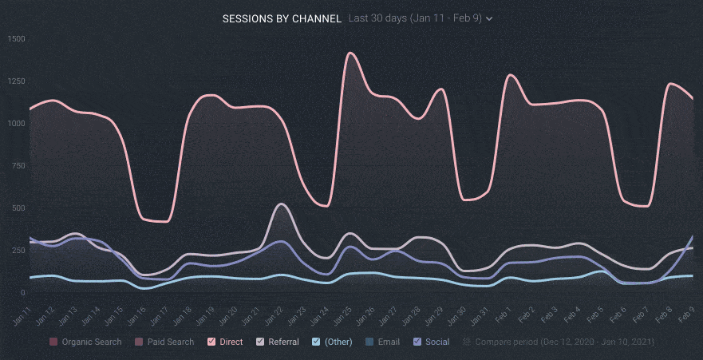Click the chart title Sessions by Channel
tap(282, 18)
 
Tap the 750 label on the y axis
tap(18, 166)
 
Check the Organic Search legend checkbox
tap(53, 342)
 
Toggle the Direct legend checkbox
tap(212, 342)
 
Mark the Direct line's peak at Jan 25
tap(349, 53)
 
